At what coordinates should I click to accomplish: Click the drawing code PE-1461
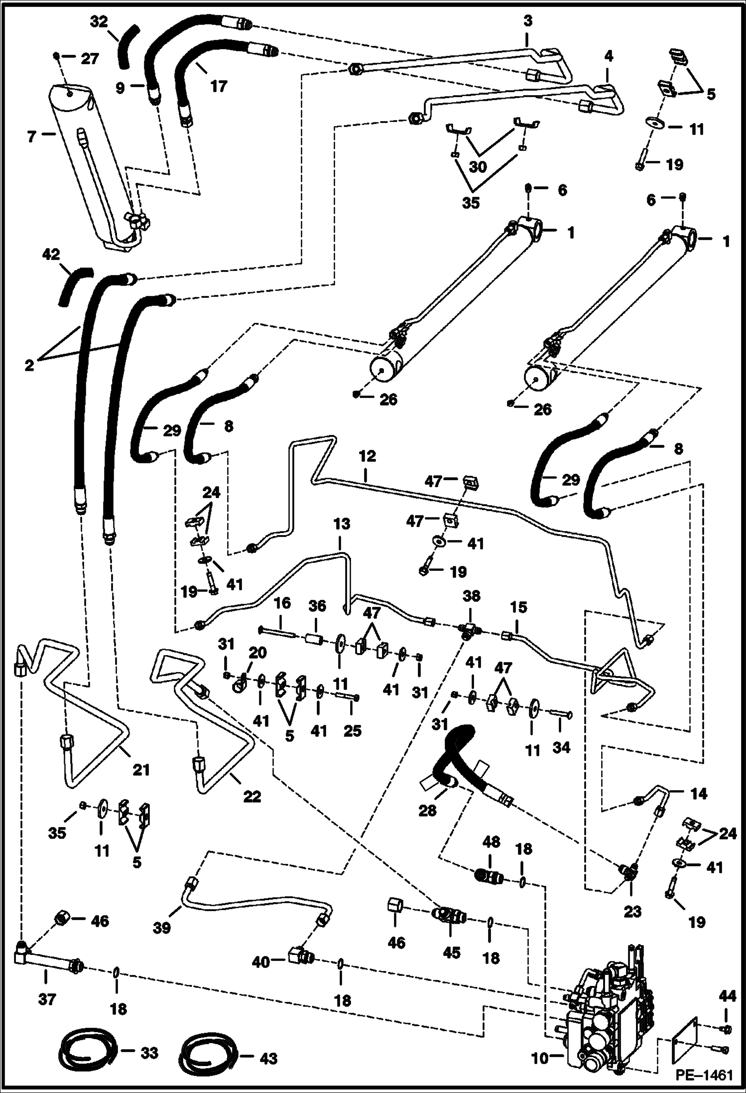tap(704, 1075)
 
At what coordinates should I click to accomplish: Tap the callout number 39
tap(162, 928)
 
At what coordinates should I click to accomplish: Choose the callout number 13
tap(342, 524)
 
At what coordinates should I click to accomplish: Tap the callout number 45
tap(452, 953)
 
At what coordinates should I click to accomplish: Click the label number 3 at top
tap(528, 21)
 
